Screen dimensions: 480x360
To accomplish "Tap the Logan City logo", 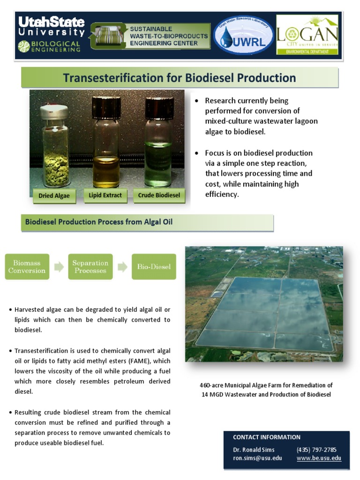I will pos(307,35).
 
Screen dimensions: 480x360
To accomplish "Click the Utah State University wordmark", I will pos(52,27).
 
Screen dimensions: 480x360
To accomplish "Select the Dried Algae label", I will pos(55,195).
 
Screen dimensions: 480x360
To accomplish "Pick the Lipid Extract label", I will pos(105,195).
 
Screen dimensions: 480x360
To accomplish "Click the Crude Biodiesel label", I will pos(159,195).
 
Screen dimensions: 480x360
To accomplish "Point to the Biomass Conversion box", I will pos(27,267).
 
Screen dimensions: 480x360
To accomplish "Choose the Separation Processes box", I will pos(90,267).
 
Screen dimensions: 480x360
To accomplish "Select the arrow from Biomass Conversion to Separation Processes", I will pos(59,267).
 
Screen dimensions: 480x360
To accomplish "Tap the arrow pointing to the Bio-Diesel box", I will pos(122,267).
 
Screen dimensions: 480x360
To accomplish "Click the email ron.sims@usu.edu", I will pos(257,458).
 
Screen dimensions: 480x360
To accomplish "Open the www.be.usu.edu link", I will pos(319,458).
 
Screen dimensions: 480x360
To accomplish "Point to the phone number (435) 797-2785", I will pos(316,450).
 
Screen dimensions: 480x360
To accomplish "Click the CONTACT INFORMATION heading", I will pos(267,437).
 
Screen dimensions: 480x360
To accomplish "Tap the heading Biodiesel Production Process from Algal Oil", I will pos(99,222).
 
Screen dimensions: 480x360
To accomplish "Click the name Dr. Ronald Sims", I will pos(254,450).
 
